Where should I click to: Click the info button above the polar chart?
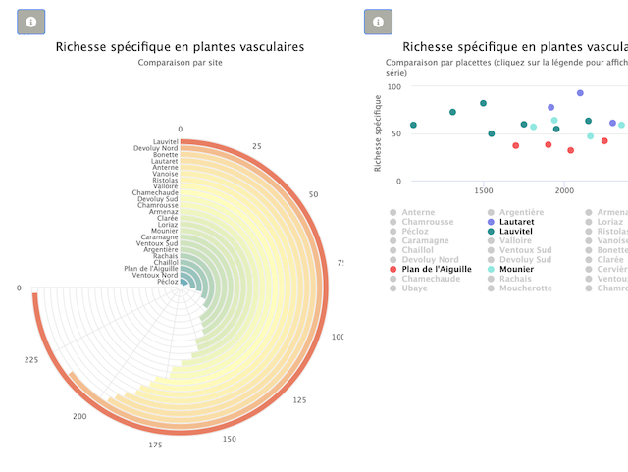point(31,22)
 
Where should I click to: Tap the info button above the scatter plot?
point(378,22)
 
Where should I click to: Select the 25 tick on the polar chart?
point(257,146)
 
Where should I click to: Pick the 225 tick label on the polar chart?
point(30,360)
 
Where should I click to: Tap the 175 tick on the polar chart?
point(156,446)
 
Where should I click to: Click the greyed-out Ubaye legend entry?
point(416,288)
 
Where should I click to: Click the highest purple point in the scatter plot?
point(580,93)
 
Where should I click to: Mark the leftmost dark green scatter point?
point(413,126)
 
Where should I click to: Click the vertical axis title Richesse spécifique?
point(379,131)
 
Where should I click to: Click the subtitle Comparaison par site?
point(180,62)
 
